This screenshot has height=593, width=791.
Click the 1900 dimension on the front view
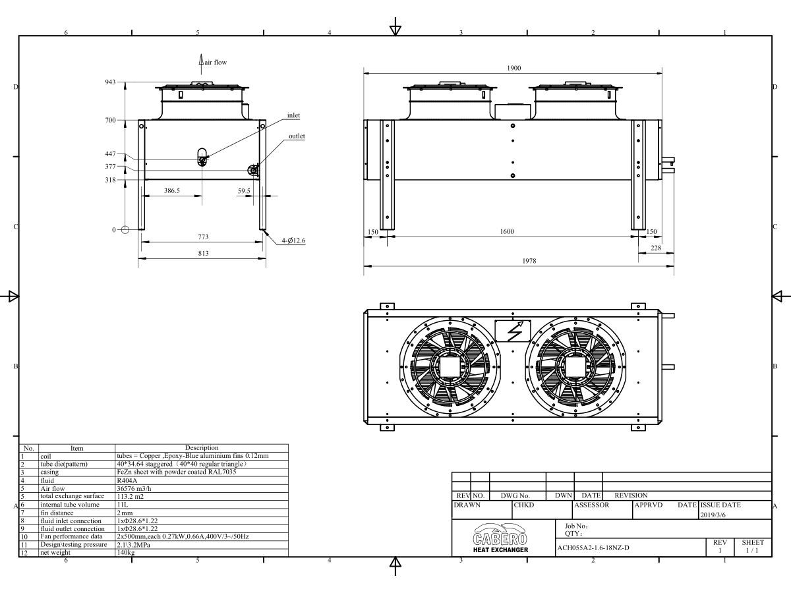point(514,68)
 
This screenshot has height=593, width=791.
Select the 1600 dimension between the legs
point(507,231)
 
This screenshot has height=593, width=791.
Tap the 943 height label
point(110,82)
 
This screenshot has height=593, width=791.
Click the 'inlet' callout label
point(293,115)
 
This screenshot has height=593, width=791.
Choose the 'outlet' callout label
point(297,136)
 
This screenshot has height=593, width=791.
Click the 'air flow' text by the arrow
point(215,62)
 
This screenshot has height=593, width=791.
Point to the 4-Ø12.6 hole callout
point(293,241)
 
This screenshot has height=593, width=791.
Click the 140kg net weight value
point(124,552)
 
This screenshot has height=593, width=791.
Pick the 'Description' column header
point(202,447)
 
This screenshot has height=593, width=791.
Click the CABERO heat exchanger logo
point(500,538)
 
